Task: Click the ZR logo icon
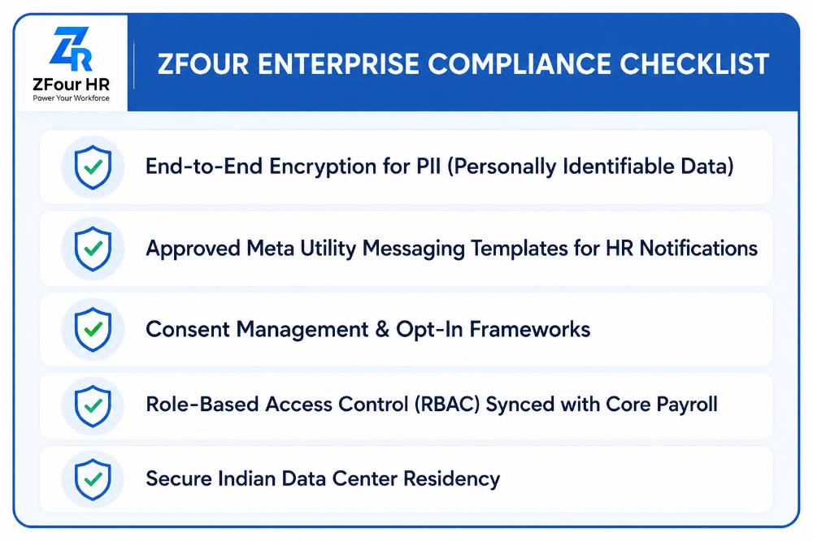click(71, 49)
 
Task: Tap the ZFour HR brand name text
click(71, 84)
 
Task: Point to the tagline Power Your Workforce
click(71, 98)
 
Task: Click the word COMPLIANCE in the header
click(519, 63)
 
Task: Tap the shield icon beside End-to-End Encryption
click(93, 167)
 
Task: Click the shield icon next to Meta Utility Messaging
click(93, 249)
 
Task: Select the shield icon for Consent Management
click(93, 330)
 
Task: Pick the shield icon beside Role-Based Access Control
click(93, 406)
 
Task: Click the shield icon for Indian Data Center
click(93, 479)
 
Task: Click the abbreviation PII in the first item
click(428, 167)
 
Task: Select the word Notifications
click(698, 249)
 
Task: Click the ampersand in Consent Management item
click(382, 330)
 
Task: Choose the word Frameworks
click(530, 330)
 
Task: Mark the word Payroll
click(687, 405)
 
